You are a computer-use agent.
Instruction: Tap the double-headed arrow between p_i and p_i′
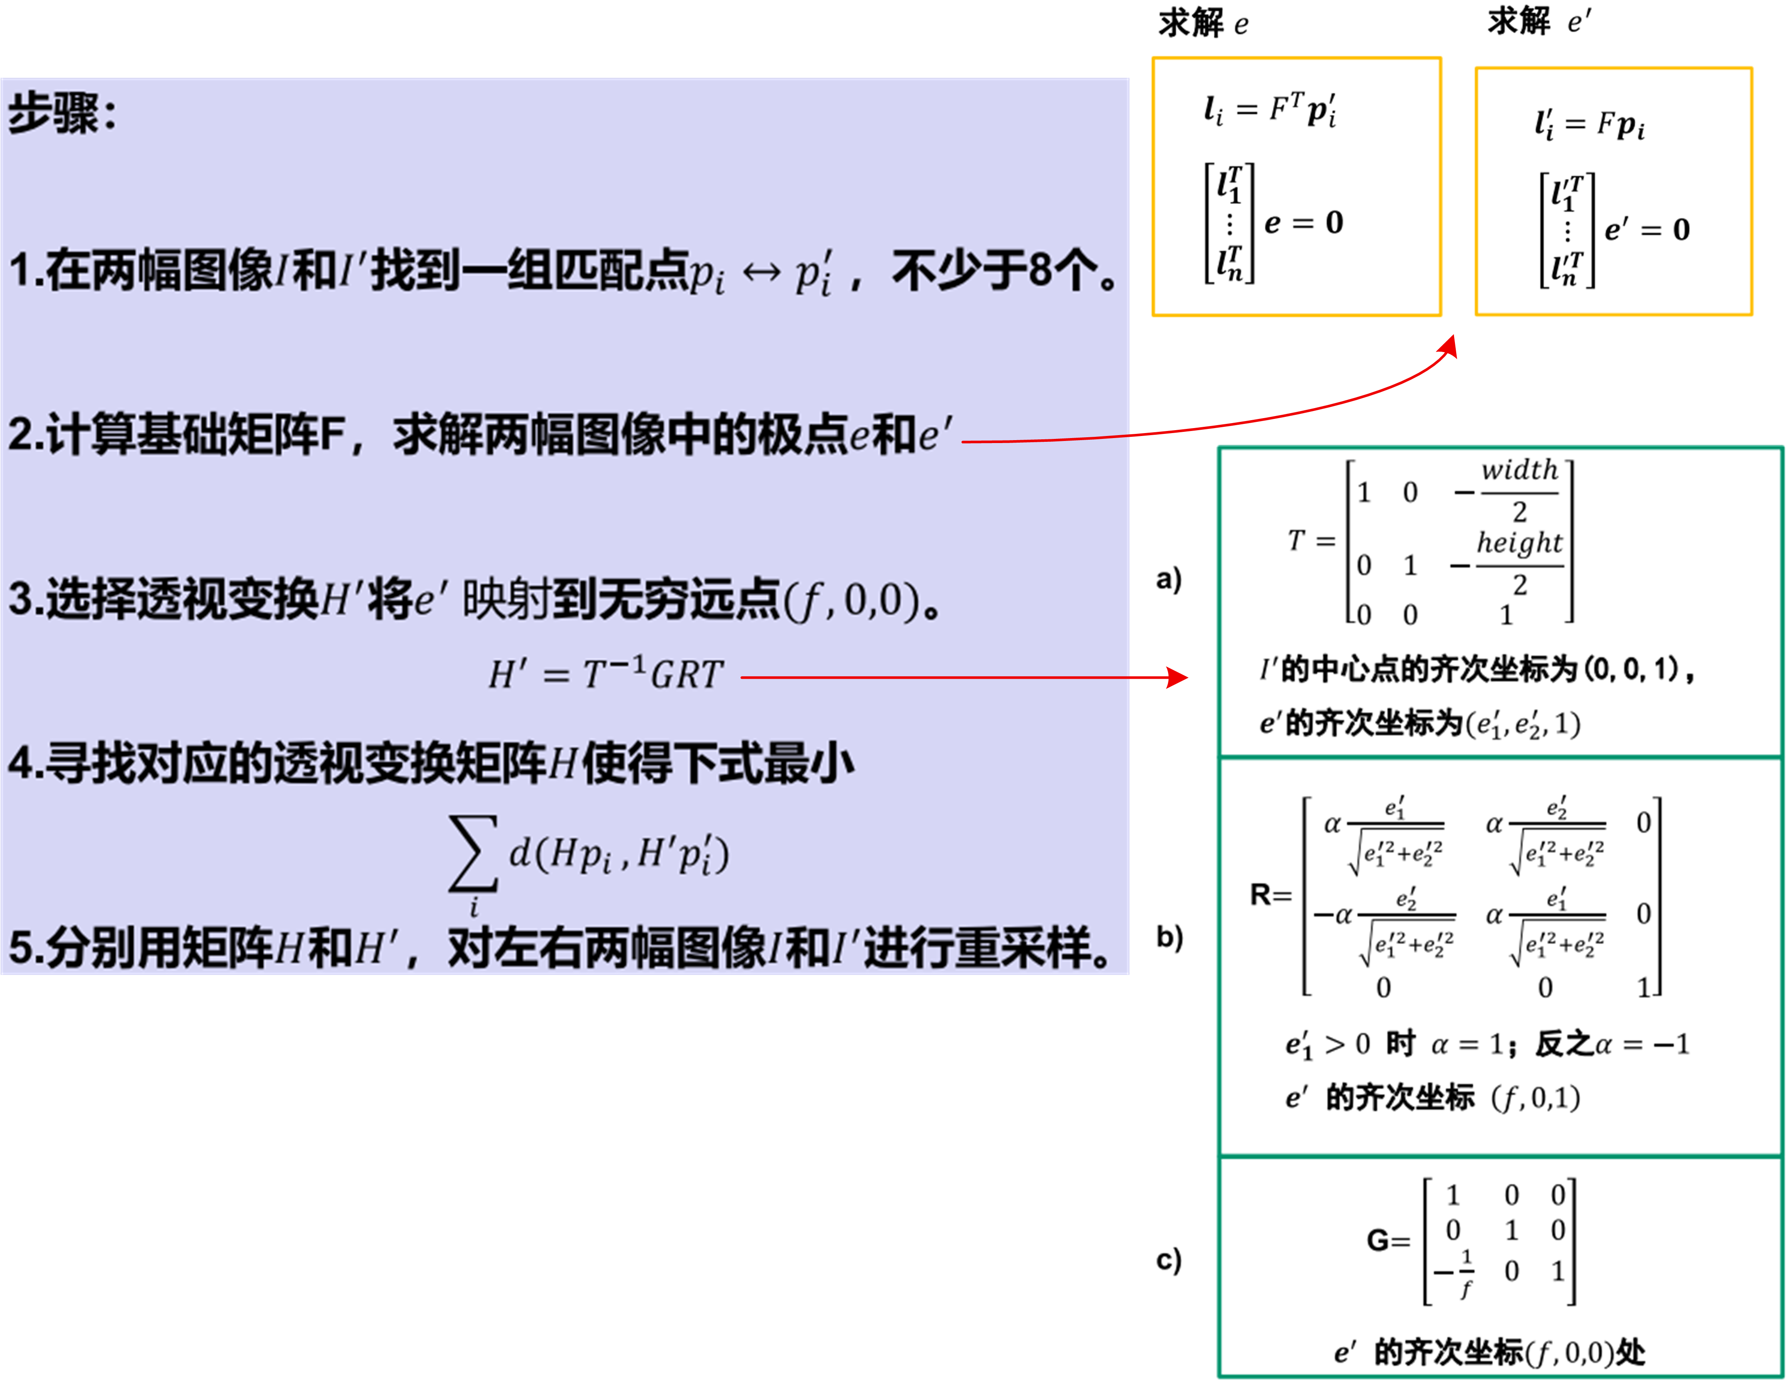tap(761, 273)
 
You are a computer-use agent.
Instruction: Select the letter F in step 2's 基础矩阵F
tap(331, 434)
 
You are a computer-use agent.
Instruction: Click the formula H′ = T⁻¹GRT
tap(606, 675)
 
